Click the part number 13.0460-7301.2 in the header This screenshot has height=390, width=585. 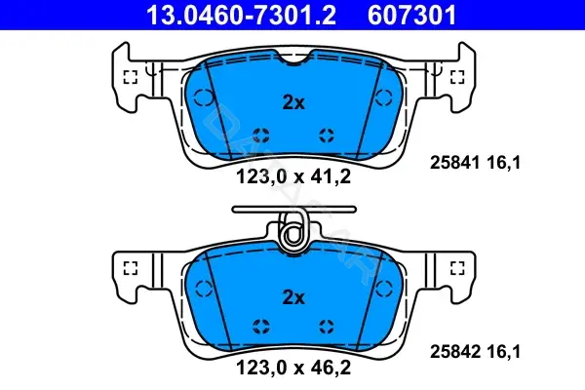point(241,15)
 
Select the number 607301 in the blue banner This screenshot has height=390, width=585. point(411,15)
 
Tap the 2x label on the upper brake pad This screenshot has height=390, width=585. point(293,102)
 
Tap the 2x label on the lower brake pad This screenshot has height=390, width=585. point(293,297)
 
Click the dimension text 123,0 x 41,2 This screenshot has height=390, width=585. point(293,176)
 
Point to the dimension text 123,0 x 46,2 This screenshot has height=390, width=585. point(293,368)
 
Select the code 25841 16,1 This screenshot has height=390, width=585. point(475,163)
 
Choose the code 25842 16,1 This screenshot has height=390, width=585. point(475,352)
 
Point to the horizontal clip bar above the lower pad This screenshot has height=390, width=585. point(294,210)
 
